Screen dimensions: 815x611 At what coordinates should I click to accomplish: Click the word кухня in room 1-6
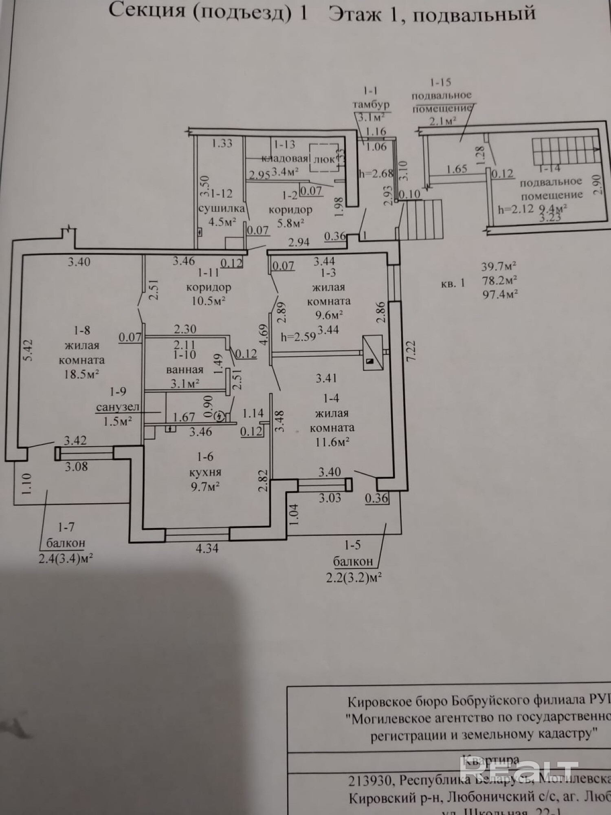pos(205,472)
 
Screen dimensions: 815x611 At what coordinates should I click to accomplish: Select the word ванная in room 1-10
pos(185,370)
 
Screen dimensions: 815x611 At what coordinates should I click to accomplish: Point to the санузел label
pos(118,407)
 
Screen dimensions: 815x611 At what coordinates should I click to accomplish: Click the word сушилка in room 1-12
pos(222,208)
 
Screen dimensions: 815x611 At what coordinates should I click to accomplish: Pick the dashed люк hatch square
pos(324,158)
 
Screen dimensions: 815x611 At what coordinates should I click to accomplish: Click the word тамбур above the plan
pos(371,104)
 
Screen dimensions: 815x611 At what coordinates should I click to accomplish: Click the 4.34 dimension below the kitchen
pos(207,548)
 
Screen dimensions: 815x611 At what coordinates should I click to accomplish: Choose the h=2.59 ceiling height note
pos(299,337)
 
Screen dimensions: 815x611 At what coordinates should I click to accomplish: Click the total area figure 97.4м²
pos(500,294)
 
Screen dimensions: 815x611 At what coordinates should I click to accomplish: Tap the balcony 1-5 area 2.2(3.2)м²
pos(354,578)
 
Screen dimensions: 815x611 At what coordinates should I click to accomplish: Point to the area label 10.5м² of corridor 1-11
pos(208,302)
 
